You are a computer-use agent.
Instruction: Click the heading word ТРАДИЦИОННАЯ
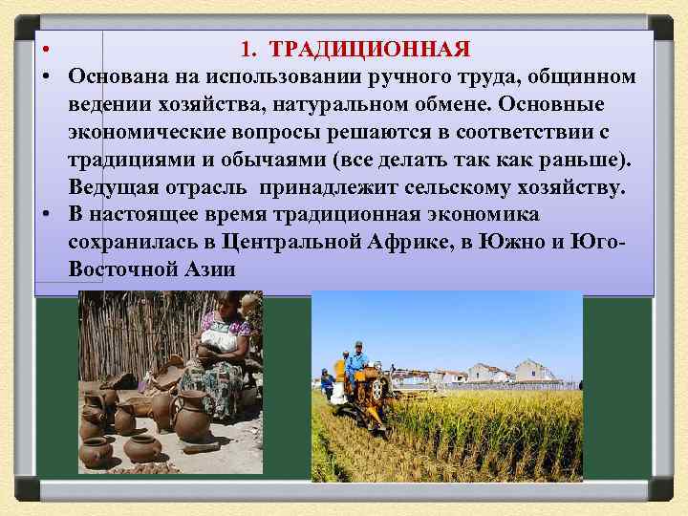click(371, 49)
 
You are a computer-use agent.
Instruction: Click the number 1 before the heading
click(247, 49)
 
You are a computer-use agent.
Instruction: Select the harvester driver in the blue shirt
click(357, 360)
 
